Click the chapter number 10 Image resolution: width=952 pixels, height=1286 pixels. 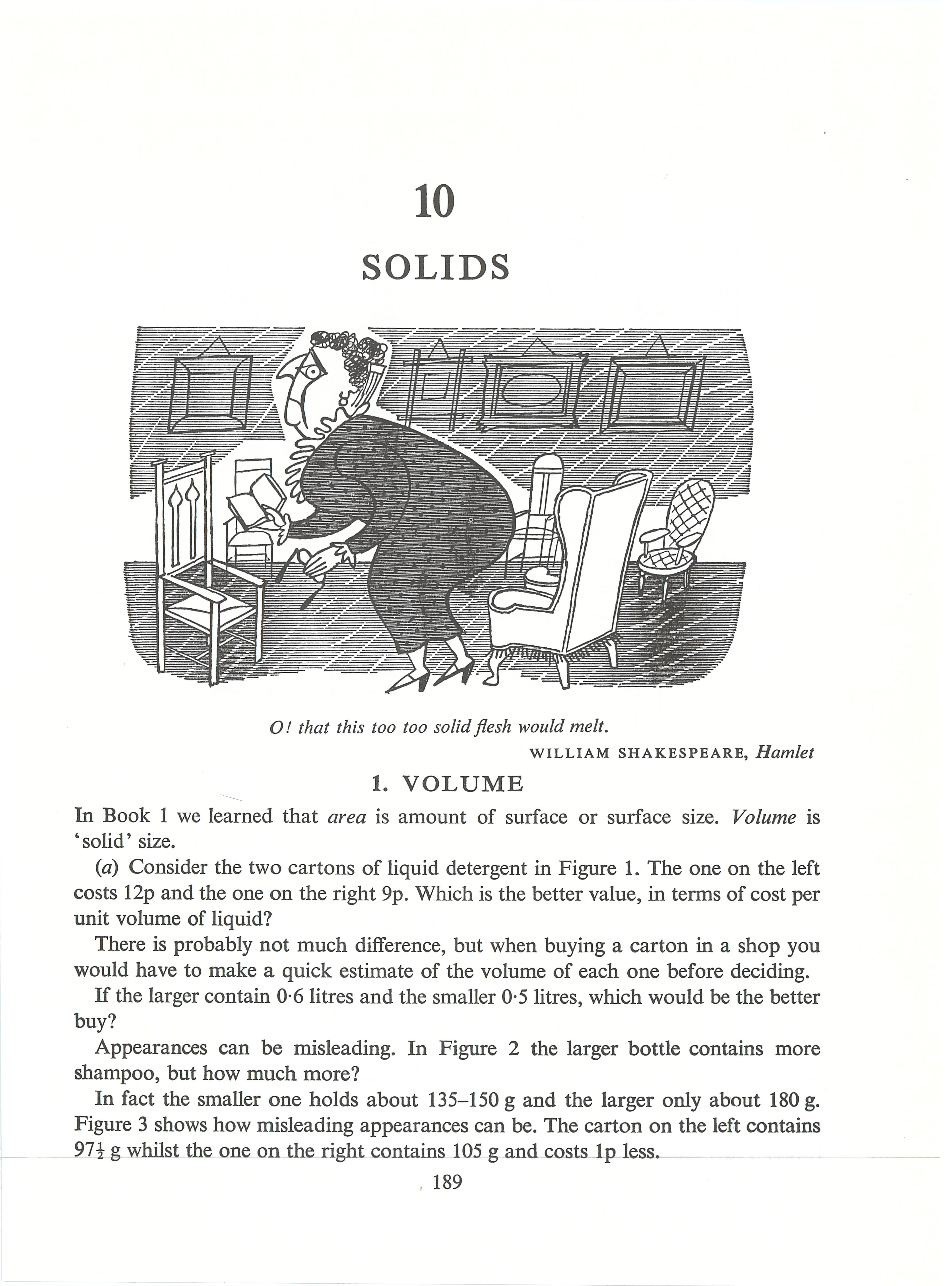(435, 202)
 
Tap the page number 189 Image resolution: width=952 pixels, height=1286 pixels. (447, 1182)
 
